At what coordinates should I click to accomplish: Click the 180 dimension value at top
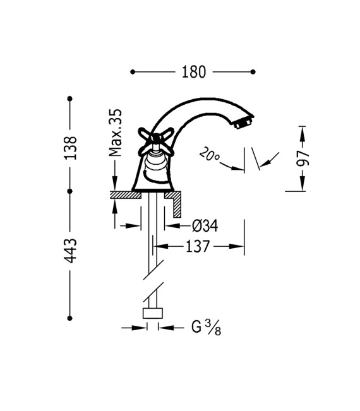coord(194,72)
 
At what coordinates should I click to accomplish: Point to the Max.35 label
coord(115,132)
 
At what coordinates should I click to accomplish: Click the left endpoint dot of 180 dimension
coord(133,72)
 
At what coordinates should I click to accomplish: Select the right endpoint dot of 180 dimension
coord(253,72)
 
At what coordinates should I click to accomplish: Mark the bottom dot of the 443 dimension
coord(70,318)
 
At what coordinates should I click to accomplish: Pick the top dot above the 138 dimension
coord(70,98)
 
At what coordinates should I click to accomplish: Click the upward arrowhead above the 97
coord(303,129)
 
